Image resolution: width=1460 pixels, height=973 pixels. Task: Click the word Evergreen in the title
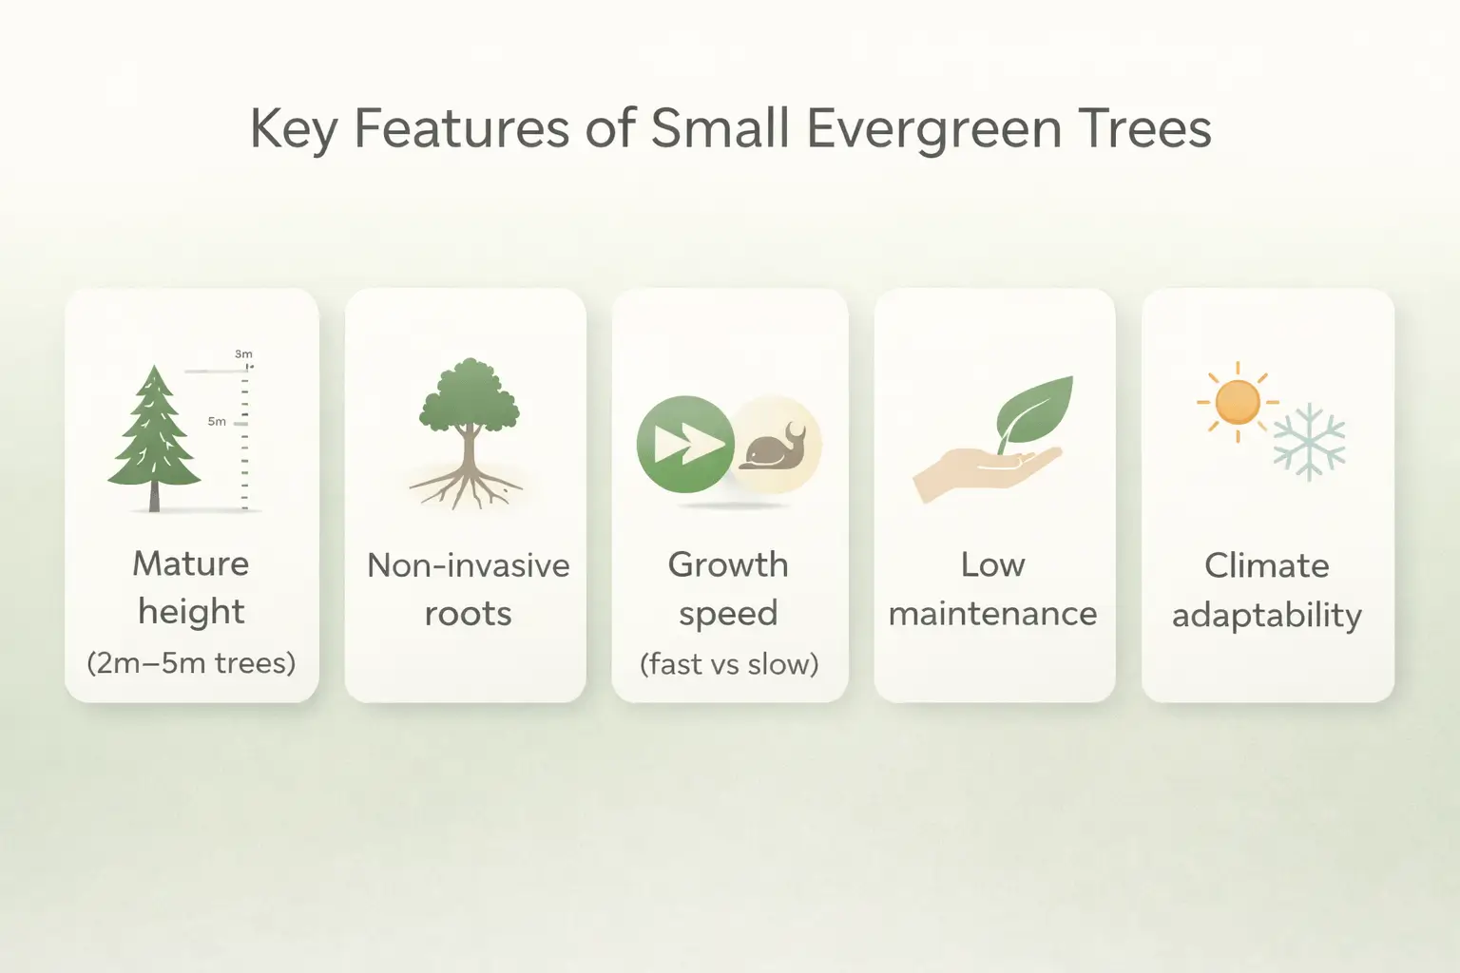tap(934, 129)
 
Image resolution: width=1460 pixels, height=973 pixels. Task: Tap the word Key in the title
tap(292, 129)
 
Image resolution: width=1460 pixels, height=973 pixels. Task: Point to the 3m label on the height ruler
tap(243, 353)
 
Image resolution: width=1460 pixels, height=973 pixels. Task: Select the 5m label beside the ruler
tap(217, 421)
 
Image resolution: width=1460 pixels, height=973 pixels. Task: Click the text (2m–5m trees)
tap(191, 662)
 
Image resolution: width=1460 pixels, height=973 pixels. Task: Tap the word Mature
tap(191, 563)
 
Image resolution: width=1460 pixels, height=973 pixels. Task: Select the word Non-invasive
tap(468, 565)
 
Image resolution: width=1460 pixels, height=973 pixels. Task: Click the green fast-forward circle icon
tap(685, 444)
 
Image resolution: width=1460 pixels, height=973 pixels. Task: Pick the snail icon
tap(774, 446)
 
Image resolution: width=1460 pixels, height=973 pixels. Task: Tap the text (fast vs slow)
tap(729, 663)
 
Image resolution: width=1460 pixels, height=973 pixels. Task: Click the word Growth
tap(728, 564)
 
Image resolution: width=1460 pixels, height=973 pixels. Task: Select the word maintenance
tap(992, 614)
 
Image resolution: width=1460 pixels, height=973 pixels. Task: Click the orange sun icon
tap(1237, 402)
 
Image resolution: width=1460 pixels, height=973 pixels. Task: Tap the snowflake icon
tap(1310, 442)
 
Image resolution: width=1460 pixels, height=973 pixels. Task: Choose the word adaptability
tap(1266, 615)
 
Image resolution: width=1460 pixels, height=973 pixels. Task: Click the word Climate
tap(1266, 565)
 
